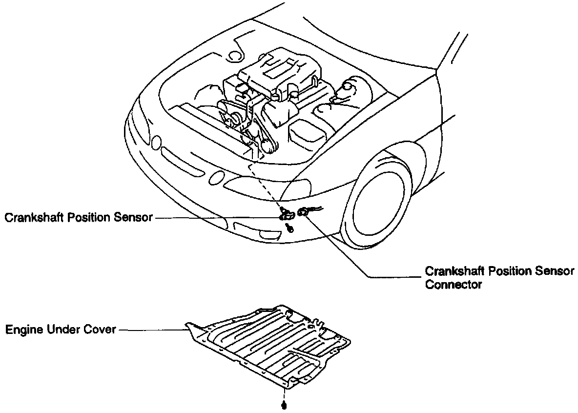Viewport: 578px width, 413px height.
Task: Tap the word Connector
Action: click(454, 284)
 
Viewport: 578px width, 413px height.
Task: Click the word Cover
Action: click(100, 330)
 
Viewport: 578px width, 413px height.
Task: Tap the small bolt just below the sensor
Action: click(291, 227)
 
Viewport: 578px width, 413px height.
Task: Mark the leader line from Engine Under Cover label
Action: click(151, 330)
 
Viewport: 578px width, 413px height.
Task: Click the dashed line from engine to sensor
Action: click(264, 186)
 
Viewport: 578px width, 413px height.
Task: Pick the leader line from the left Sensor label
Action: click(215, 218)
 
